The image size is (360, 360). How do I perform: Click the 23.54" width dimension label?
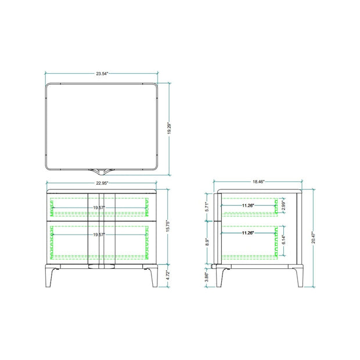click(102, 74)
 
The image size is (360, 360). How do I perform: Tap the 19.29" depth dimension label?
click(169, 128)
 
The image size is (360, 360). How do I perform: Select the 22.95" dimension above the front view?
click(102, 183)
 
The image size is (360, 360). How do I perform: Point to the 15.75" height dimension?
click(168, 226)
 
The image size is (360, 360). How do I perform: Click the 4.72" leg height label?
click(168, 275)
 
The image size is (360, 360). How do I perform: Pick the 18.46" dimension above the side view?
click(258, 182)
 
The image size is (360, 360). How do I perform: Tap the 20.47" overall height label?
click(314, 237)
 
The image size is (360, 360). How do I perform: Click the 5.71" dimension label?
click(207, 207)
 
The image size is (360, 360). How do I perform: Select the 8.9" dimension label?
click(207, 242)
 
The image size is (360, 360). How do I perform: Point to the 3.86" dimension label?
click(207, 277)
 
